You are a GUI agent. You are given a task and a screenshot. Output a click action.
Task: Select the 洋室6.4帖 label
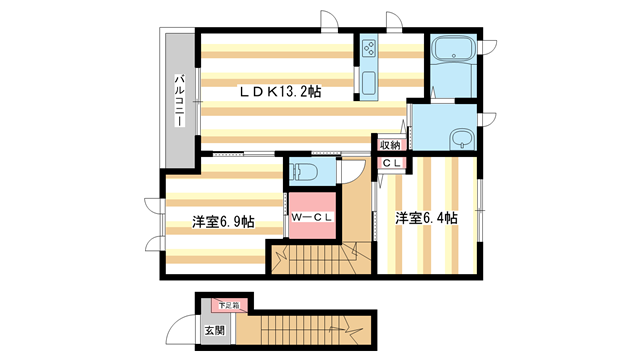(426, 218)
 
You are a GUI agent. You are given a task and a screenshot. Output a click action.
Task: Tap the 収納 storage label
(390, 145)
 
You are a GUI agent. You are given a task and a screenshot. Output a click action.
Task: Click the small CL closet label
(390, 163)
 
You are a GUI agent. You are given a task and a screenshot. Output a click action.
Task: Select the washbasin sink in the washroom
(461, 139)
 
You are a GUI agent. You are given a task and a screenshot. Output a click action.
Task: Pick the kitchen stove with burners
(368, 51)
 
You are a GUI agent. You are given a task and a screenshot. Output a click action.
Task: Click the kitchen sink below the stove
(368, 82)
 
